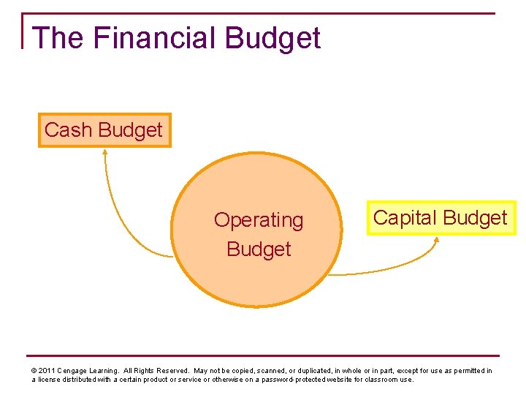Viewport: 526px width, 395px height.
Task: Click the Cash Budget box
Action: coord(104,130)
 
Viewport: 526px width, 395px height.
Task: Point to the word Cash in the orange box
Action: coord(68,130)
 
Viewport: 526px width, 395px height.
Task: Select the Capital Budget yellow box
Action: coord(441,218)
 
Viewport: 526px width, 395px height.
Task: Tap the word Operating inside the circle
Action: coord(258,220)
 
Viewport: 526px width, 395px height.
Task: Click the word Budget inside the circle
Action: coord(258,249)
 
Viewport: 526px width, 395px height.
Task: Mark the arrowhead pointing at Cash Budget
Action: coord(104,153)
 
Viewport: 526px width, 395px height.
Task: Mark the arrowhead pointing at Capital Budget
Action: coord(436,240)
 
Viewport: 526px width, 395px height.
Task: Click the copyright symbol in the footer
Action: coord(34,371)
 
